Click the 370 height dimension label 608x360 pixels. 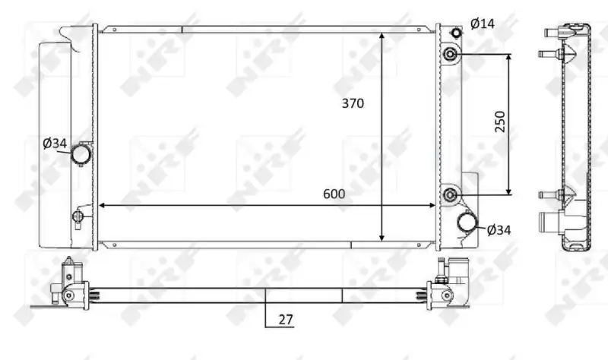pos(353,103)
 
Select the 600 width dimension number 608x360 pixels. pos(334,194)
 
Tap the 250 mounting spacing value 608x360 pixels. pos(500,122)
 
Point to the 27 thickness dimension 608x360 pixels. pos(286,320)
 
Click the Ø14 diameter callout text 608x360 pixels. pos(483,24)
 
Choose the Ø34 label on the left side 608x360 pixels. pos(55,144)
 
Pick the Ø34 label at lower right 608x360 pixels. pos(499,230)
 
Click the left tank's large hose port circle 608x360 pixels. pos(81,153)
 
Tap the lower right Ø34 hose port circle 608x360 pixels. pos(467,223)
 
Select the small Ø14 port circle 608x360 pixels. pos(457,32)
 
